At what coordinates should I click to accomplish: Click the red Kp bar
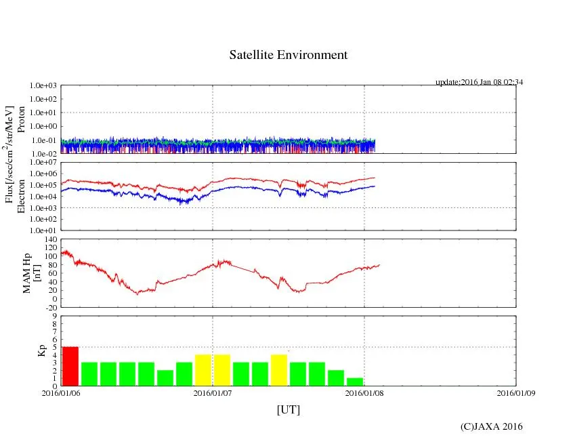(70, 366)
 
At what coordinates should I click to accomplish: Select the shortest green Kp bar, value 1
(355, 382)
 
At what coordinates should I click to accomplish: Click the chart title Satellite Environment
(289, 55)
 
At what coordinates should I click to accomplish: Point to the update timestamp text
(479, 82)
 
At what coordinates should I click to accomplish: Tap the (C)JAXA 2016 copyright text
(491, 426)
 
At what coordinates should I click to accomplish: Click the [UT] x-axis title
(289, 409)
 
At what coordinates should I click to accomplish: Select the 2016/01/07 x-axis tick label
(213, 392)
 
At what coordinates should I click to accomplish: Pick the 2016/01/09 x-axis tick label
(516, 392)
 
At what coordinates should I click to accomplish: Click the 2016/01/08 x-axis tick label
(364, 392)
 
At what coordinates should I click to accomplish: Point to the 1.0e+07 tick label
(45, 163)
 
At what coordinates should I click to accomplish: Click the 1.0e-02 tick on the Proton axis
(45, 154)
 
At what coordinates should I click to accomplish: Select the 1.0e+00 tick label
(45, 127)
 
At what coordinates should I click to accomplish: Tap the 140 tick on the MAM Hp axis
(51, 239)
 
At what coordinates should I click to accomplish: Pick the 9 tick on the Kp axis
(56, 316)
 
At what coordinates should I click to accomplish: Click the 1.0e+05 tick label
(45, 185)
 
